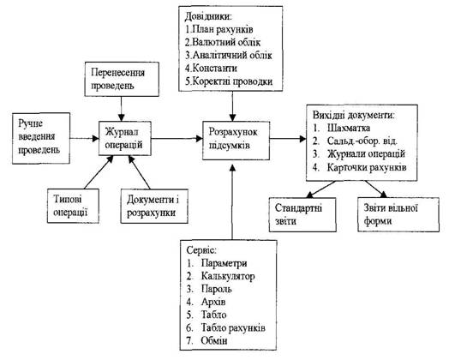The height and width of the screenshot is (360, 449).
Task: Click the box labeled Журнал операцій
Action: coord(125,139)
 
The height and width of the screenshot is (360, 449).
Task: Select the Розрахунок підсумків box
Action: coord(236,141)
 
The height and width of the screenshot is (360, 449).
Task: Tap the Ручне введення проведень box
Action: coord(41,138)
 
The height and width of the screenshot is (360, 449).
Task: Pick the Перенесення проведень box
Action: coord(122,80)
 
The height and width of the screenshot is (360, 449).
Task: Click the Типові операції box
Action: coord(73,206)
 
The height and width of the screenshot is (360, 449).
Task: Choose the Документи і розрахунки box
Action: coord(154,207)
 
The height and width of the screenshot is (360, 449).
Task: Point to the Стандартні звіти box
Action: coord(302,214)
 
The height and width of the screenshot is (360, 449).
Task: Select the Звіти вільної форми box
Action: coord(398,214)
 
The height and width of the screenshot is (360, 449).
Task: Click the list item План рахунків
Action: coord(219,29)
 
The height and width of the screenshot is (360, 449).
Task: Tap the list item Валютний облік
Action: coord(223,42)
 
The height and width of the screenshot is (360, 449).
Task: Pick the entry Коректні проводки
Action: coord(229,81)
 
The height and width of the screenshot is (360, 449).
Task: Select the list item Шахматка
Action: coord(349,128)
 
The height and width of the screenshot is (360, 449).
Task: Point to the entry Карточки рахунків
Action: coord(367,167)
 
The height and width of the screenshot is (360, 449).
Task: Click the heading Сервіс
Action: coord(201,250)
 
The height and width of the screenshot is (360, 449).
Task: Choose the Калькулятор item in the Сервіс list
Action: coord(228,276)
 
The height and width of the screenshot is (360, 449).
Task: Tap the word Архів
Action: coord(213,302)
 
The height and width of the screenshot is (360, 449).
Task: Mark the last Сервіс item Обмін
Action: coord(214,341)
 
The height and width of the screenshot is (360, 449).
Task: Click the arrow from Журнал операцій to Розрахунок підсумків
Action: coord(177,139)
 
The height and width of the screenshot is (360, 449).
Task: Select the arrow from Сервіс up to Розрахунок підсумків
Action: coord(233,202)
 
